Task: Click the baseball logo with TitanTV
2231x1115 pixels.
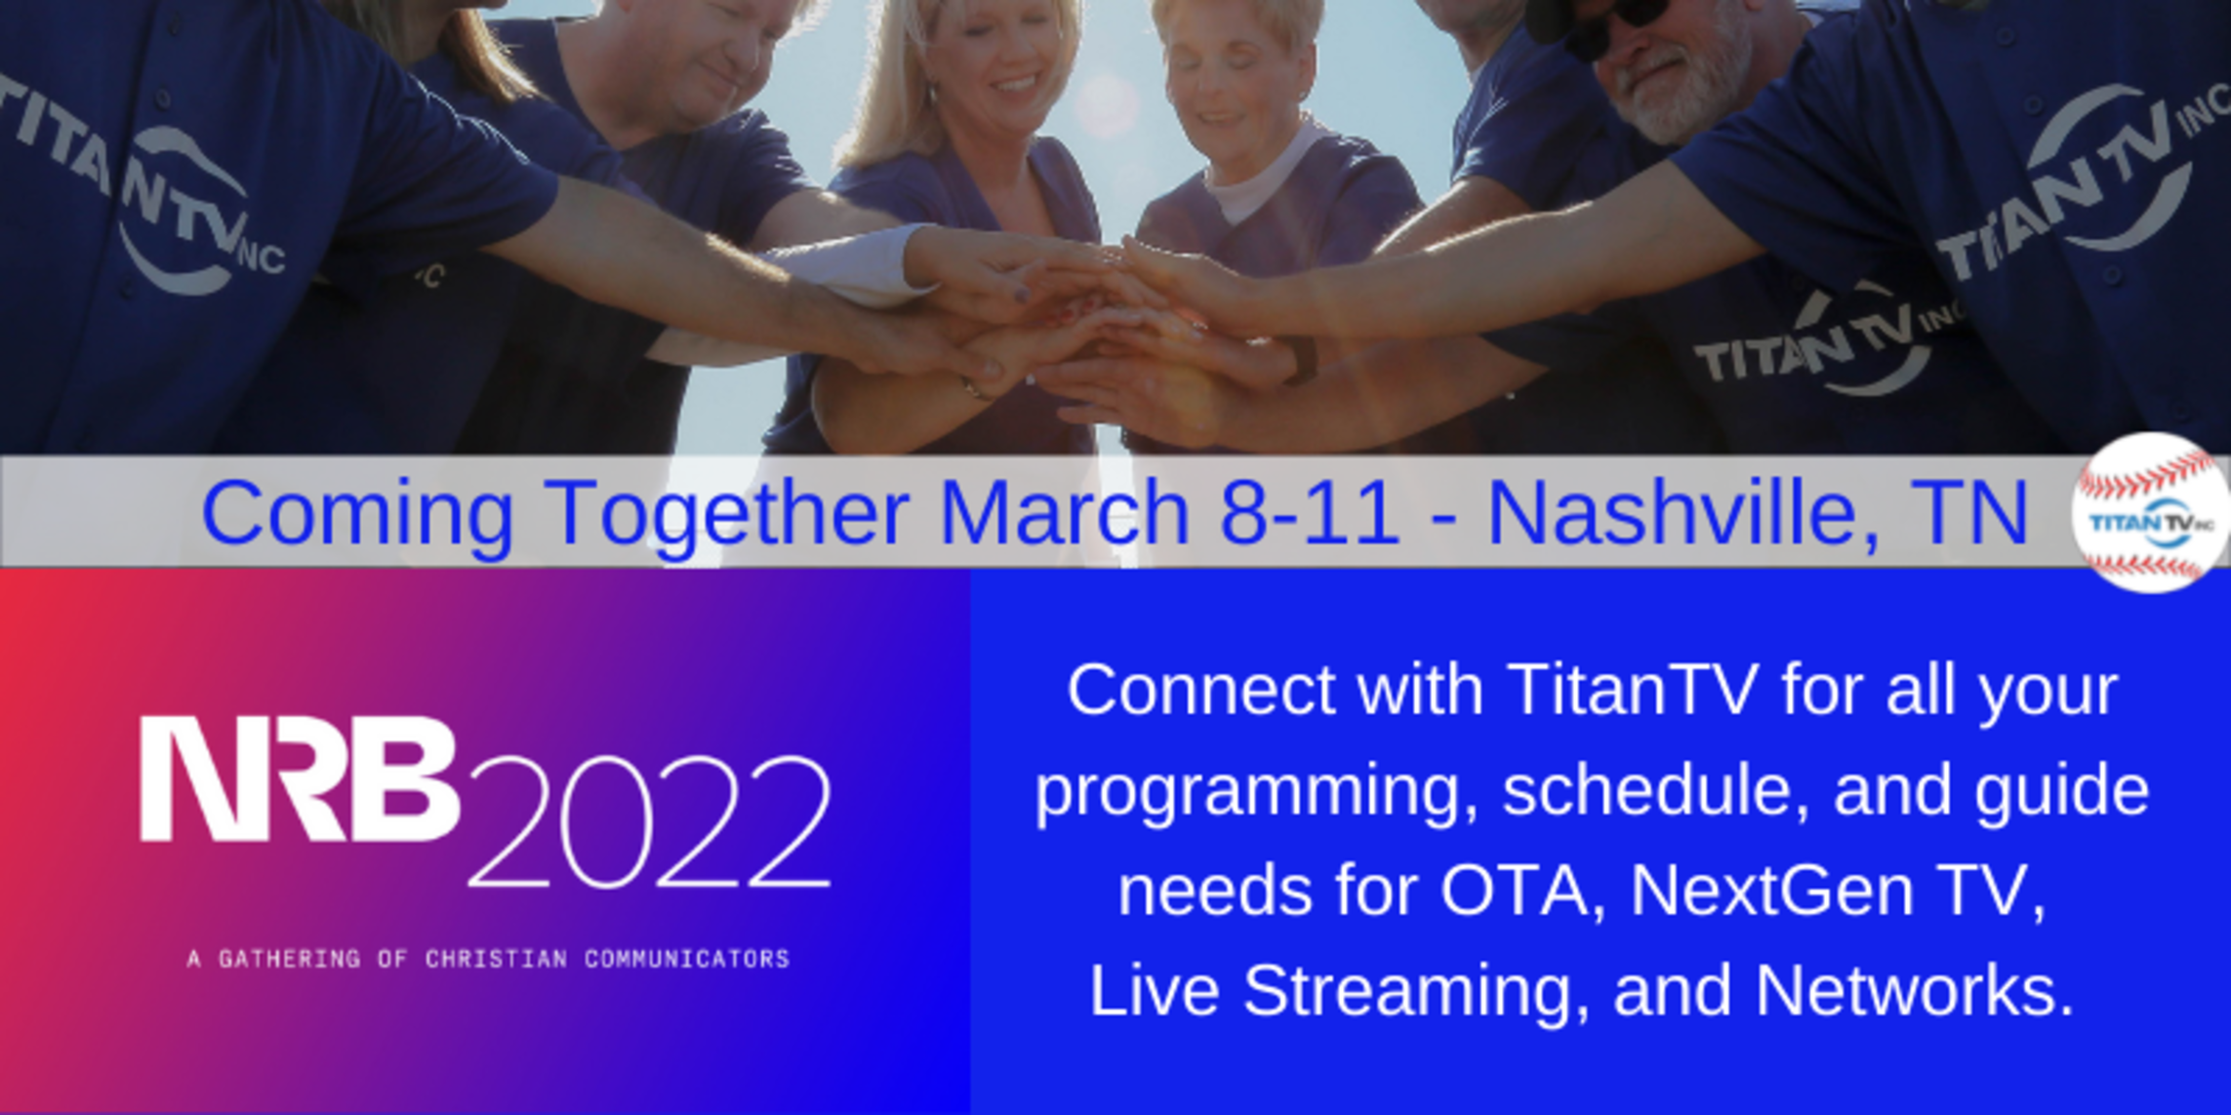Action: [x=2151, y=513]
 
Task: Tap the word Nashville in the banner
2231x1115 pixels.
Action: [x=1669, y=513]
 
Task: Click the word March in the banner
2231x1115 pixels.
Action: [x=1064, y=513]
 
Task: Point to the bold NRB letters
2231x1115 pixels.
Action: [x=299, y=778]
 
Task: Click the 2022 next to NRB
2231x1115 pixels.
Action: [x=650, y=822]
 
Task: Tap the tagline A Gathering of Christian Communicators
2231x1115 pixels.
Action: [x=488, y=959]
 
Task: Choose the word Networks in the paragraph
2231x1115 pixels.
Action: [x=1914, y=991]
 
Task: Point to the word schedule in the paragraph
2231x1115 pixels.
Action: [x=1655, y=790]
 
